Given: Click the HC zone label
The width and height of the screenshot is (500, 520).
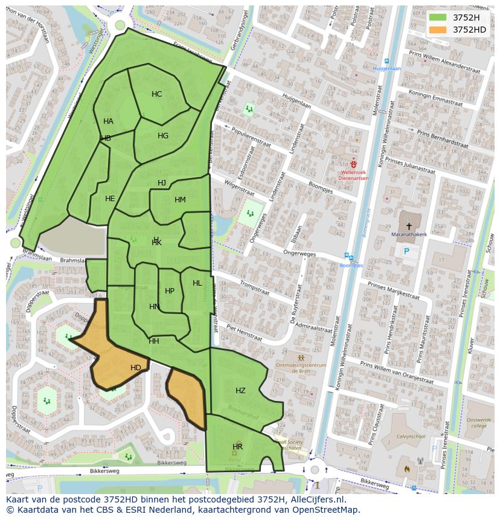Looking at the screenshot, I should [x=156, y=94].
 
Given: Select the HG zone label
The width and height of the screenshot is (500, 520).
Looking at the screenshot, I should [x=163, y=136].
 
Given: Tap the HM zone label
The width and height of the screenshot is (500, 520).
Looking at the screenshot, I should [x=180, y=200].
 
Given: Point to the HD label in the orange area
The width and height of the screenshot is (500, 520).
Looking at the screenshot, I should [x=136, y=368].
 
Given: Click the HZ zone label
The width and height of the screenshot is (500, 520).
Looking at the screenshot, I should [x=240, y=391].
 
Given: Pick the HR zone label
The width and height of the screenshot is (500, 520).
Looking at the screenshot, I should [x=237, y=447].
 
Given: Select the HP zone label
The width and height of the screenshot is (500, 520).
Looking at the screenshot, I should [x=170, y=291].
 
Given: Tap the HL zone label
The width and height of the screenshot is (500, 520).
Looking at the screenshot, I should [x=197, y=283].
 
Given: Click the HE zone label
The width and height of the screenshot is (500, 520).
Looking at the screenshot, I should [x=110, y=199].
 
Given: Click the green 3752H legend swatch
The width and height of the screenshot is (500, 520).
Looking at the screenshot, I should [x=438, y=17].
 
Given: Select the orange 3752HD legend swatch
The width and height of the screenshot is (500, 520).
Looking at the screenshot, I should [x=438, y=30].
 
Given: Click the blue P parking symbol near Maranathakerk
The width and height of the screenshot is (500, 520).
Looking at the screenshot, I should [x=406, y=251].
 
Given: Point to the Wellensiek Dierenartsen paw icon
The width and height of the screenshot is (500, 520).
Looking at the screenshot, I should [x=354, y=164].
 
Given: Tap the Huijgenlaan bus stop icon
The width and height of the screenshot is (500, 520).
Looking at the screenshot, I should [x=386, y=61].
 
